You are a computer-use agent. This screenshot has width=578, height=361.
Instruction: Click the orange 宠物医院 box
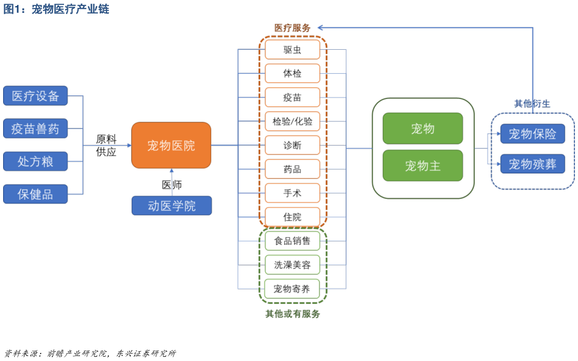click(171, 145)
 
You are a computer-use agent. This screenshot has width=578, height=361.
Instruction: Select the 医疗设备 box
click(35, 96)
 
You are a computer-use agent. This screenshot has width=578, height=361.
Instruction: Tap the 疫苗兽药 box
click(35, 129)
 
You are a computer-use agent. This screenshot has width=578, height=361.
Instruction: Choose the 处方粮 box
click(35, 161)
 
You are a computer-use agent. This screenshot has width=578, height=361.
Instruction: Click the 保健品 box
click(35, 194)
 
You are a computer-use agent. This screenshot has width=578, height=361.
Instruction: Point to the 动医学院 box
click(171, 205)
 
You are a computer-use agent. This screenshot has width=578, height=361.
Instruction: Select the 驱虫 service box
click(292, 50)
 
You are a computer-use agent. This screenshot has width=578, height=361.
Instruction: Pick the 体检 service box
click(292, 73)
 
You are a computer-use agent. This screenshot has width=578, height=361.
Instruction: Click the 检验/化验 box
click(292, 121)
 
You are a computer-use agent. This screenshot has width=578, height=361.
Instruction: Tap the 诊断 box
click(292, 145)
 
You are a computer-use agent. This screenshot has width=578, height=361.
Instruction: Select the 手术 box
click(292, 193)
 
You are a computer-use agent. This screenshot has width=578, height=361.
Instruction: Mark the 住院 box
click(292, 216)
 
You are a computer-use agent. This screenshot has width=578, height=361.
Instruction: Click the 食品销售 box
click(292, 240)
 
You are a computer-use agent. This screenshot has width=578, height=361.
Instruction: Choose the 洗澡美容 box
click(292, 264)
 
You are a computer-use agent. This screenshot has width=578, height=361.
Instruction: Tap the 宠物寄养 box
click(292, 288)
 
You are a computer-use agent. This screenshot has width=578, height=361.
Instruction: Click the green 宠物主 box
click(422, 165)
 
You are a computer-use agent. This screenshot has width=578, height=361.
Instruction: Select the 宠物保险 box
click(532, 133)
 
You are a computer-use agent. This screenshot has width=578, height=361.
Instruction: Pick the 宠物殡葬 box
click(532, 164)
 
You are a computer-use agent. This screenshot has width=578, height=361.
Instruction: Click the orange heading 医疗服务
click(292, 28)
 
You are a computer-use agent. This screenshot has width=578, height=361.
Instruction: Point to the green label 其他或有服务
click(292, 314)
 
